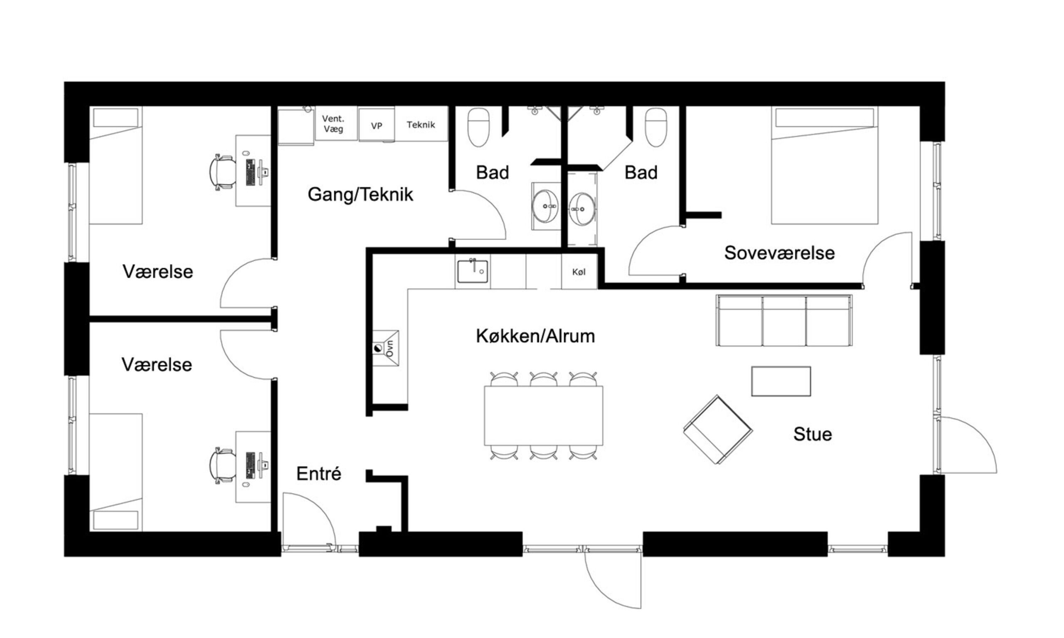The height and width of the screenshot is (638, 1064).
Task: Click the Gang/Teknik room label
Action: pos(360,195)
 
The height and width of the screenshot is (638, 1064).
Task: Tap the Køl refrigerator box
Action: pos(579,272)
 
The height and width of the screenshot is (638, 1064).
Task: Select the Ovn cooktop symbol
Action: pos(386,348)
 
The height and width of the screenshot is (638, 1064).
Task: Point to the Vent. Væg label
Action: pos(333,123)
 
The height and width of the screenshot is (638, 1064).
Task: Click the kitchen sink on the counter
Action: pos(472,271)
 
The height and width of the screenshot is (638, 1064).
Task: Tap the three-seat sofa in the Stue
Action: pos(784,320)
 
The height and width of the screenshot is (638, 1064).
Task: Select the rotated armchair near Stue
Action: pos(718,429)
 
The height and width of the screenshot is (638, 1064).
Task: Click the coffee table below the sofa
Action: pos(781,381)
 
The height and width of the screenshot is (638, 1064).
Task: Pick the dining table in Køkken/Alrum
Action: pos(544,416)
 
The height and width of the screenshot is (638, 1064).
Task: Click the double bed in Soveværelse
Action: pos(825,165)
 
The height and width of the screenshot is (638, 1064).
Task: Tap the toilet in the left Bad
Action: pos(479,127)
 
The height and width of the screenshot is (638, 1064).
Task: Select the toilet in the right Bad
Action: pos(656,127)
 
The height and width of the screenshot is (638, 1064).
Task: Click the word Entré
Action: pos(319,474)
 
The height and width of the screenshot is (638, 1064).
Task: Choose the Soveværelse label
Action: pos(779,253)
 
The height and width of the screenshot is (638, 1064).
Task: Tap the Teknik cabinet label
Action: pos(421,125)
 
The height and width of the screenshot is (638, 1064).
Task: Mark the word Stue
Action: pos(813,434)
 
